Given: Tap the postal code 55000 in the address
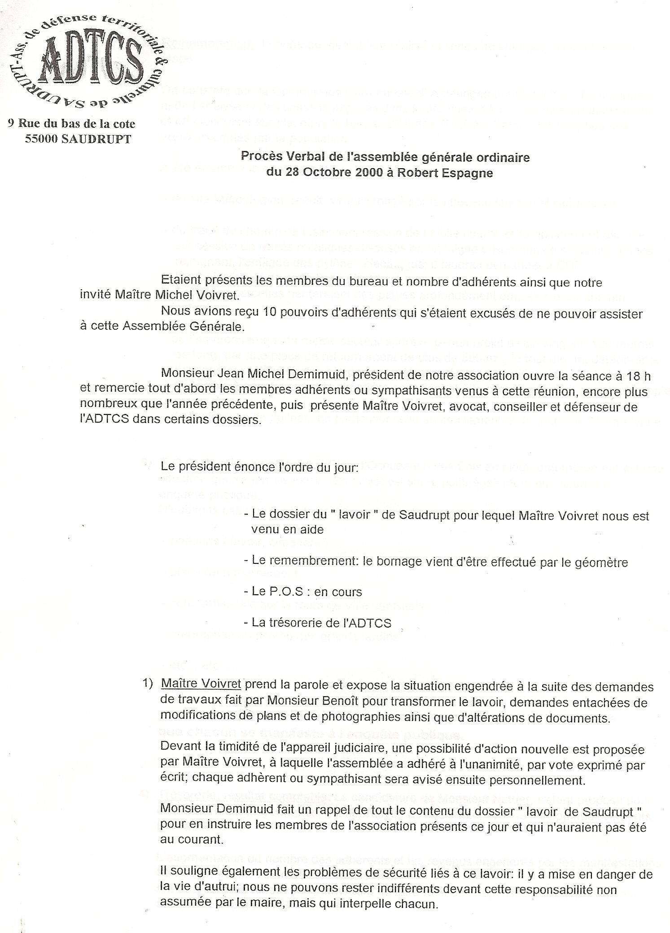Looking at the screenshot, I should [x=42, y=139].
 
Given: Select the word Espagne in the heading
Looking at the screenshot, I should [x=471, y=173].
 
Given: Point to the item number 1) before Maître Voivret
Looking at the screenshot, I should [x=148, y=687].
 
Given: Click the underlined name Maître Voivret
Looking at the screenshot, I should [x=201, y=687].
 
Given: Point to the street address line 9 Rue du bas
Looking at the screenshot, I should [x=71, y=124].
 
